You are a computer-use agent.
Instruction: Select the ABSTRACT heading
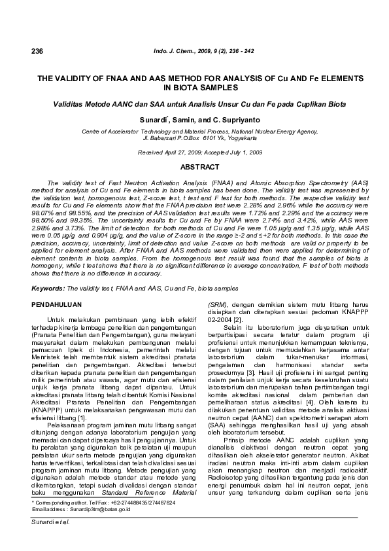[194, 168]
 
